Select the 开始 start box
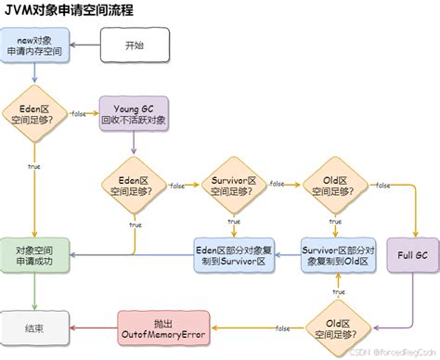pyautogui.click(x=135, y=45)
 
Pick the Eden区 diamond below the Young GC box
pyautogui.click(x=135, y=186)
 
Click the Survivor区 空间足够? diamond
pyautogui.click(x=233, y=186)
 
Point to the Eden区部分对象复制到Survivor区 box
pyautogui.click(x=233, y=254)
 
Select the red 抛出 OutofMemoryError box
pyautogui.click(x=163, y=327)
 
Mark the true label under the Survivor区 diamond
pyautogui.click(x=233, y=223)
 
